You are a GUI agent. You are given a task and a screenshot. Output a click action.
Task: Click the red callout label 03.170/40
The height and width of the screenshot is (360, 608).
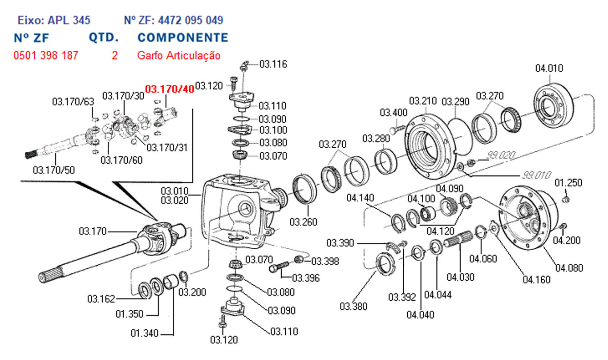coord(170,89)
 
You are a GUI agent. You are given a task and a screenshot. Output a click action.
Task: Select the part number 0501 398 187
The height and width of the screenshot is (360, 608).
coord(46,56)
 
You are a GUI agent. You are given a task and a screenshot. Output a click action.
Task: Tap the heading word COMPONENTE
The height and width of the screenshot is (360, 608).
coord(182,37)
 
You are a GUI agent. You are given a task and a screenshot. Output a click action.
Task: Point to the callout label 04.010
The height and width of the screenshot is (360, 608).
coord(549,69)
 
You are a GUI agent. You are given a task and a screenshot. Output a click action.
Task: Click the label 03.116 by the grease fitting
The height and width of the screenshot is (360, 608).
coord(273,65)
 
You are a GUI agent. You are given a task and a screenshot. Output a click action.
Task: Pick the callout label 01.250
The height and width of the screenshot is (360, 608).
coord(568,183)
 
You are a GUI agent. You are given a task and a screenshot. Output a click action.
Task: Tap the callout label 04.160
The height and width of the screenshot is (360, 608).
coord(536,280)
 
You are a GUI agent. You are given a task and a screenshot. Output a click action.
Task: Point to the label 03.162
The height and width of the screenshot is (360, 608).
coord(101,298)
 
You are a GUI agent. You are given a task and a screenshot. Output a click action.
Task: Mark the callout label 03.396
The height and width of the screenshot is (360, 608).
coord(306,279)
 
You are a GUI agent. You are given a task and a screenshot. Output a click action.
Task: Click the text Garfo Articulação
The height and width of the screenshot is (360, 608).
coord(178,56)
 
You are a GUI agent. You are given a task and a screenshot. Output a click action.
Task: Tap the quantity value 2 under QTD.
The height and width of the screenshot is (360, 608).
coord(115,56)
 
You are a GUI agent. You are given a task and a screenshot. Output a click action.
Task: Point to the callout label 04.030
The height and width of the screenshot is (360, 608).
coord(461,277)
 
